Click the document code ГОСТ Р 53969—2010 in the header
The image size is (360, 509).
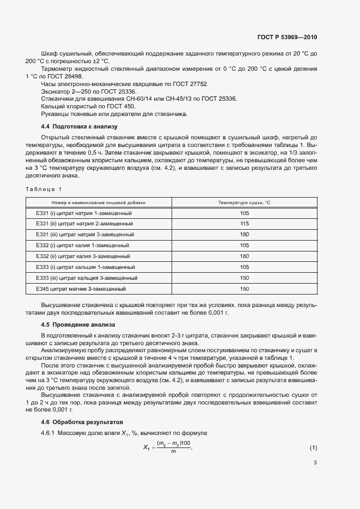pos(286,38)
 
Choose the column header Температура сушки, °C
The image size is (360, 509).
pos(244,203)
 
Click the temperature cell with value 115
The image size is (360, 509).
pos(244,224)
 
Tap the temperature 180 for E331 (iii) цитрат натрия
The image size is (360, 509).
pos(244,235)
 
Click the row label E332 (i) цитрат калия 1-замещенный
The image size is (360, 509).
pos(82,246)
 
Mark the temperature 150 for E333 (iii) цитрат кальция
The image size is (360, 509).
pos(244,278)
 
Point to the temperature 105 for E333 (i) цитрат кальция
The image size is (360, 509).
pos(244,267)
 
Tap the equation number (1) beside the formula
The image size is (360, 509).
pos(313,447)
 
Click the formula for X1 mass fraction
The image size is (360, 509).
pos(168,447)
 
